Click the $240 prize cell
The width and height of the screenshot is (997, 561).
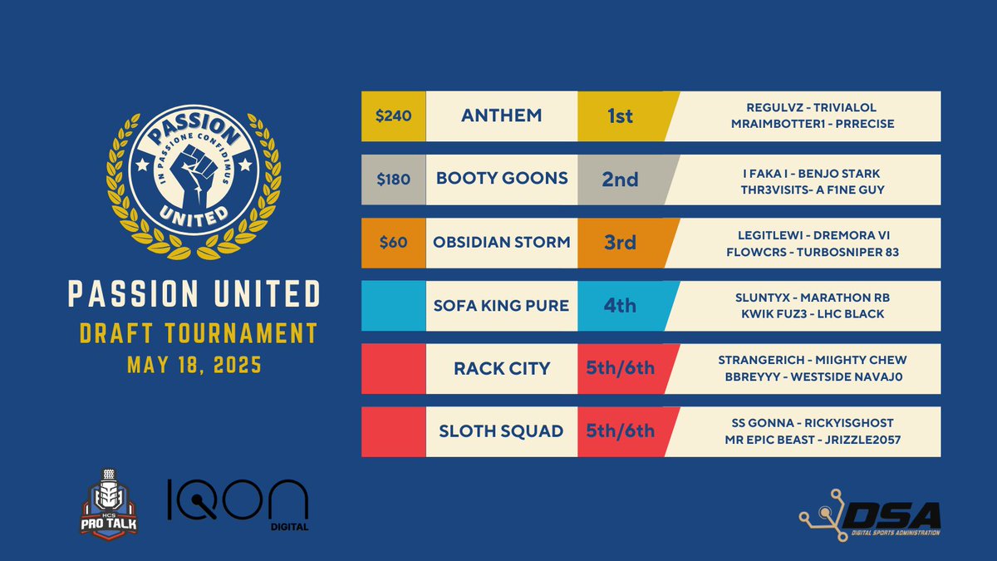[x=394, y=116]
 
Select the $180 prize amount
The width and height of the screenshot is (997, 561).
[x=394, y=180]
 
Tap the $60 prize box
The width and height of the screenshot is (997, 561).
[x=394, y=243]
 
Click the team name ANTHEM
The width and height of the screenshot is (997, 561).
[x=501, y=116]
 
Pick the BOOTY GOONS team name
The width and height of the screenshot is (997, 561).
[x=501, y=180]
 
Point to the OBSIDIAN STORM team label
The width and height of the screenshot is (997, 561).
[x=501, y=243]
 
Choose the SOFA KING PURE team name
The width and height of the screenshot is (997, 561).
[x=501, y=306]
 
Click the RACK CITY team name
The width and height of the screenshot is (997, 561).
[x=501, y=368]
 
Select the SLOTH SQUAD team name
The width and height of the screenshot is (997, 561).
[x=501, y=431]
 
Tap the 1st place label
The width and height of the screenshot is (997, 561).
[x=620, y=116]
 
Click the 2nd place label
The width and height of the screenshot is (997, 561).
[x=620, y=180]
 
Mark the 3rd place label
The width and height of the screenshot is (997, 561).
[x=620, y=243]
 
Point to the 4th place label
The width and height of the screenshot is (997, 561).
[x=620, y=306]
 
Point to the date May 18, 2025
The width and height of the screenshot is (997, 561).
[x=193, y=365]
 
